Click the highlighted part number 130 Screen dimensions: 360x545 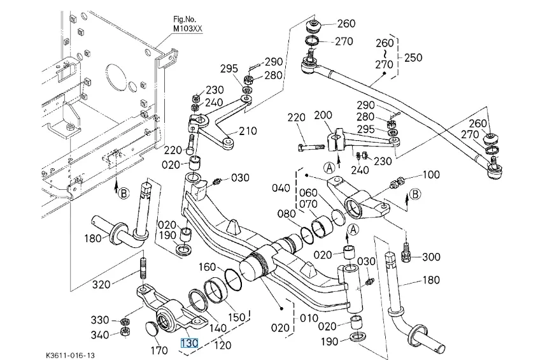(x=190, y=343)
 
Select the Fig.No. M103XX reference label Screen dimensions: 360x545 (x=187, y=24)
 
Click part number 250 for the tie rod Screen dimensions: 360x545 (x=413, y=57)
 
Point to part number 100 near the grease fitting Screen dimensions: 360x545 (x=431, y=174)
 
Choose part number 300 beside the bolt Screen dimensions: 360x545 (x=431, y=257)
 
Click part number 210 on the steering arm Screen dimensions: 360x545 (x=248, y=131)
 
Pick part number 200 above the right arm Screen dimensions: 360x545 (x=323, y=115)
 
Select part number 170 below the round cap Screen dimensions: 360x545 (x=159, y=350)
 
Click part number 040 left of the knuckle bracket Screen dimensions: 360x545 (x=281, y=188)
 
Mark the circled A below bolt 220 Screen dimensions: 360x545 (x=329, y=168)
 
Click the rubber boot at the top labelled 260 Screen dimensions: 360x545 (x=313, y=27)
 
